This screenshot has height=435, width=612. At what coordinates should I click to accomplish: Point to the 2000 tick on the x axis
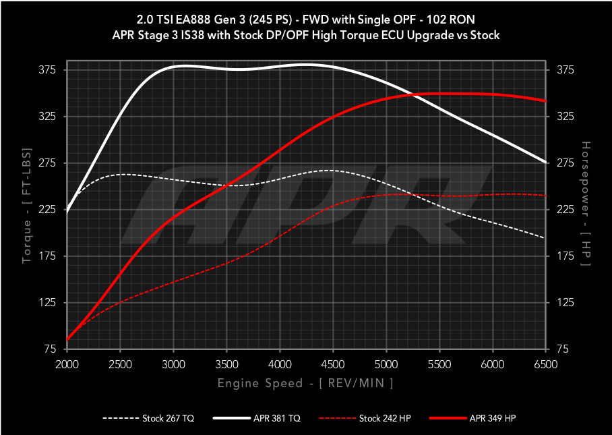click(67, 364)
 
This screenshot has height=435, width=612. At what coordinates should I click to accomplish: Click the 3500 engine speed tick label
click(226, 364)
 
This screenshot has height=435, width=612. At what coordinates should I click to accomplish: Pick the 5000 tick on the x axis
click(386, 364)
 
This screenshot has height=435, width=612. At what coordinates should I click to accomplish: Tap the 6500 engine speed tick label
click(545, 364)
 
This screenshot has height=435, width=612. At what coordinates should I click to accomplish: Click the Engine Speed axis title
click(305, 383)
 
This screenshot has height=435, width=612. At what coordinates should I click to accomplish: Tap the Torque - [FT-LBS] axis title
click(28, 210)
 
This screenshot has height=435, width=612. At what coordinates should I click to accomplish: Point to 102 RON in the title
click(446, 18)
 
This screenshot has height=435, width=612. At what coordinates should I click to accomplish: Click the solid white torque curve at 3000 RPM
click(173, 68)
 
